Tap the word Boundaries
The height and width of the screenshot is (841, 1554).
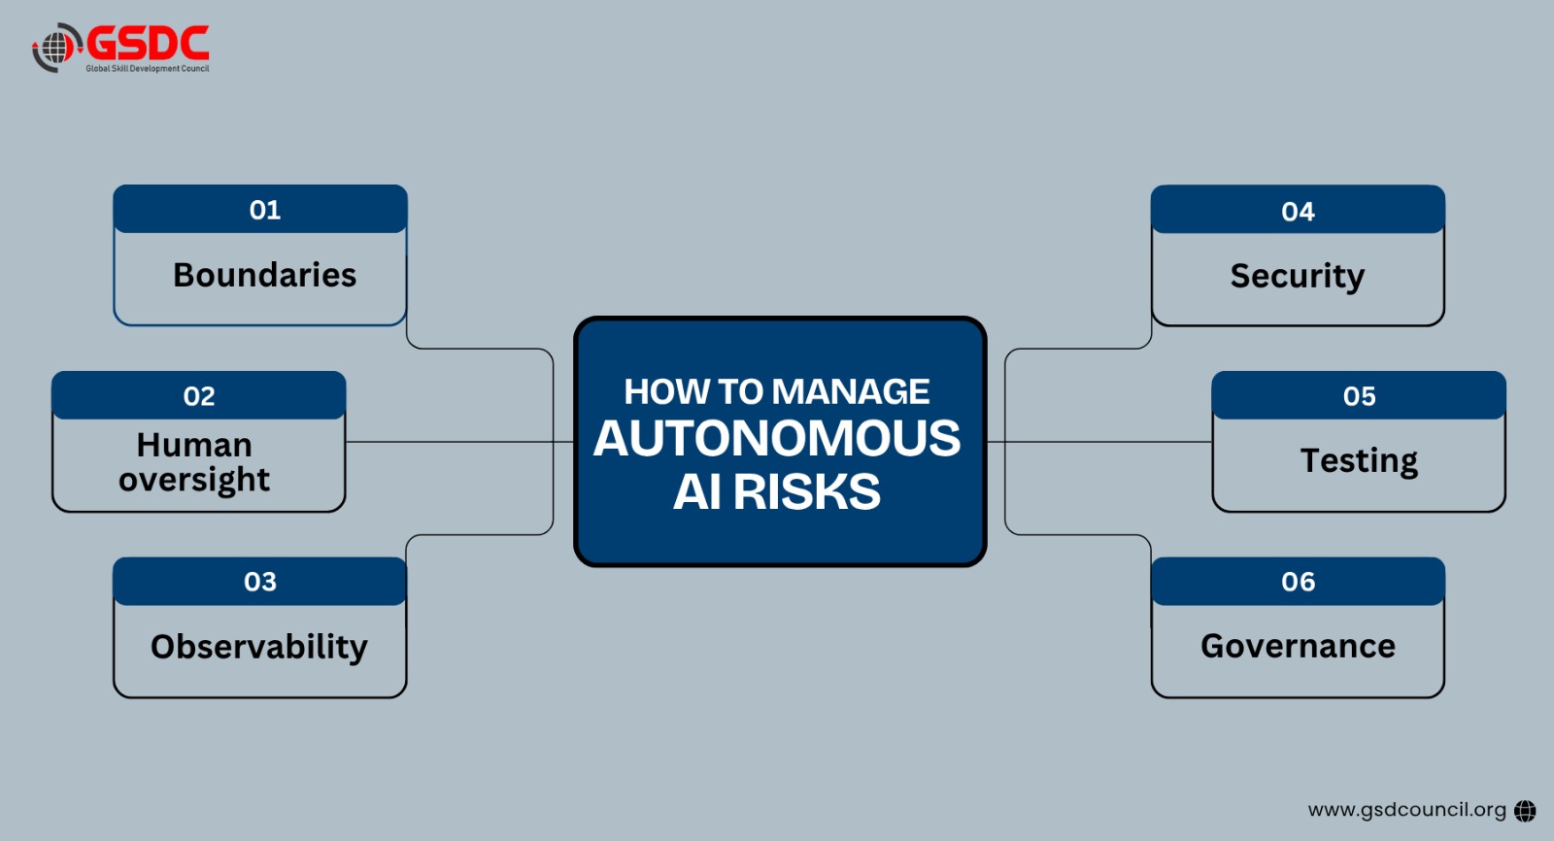coord(264,275)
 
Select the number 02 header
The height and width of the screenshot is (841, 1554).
coord(198,395)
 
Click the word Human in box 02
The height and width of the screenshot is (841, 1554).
coord(194,445)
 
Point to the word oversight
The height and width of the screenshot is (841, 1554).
coord(194,480)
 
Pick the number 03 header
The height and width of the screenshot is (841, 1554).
coord(260,582)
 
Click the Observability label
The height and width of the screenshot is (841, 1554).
coord(259,647)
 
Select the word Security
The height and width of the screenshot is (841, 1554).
coord(1298,276)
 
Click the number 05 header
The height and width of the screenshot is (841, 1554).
coord(1359,395)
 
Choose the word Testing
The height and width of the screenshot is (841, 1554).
coord(1359,460)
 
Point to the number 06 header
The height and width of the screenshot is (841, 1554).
coord(1298,582)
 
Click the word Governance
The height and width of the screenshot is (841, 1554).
coord(1298,646)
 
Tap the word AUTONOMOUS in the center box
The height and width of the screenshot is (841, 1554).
coord(777,439)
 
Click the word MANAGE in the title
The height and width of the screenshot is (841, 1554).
coord(851,391)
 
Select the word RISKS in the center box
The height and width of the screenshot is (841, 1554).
coord(807,492)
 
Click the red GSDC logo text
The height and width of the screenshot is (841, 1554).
coord(148,43)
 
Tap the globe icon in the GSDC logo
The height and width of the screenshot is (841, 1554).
coord(57,48)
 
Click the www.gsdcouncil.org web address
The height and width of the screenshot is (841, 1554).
coord(1407,810)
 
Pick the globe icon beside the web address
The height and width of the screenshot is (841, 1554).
coord(1525,811)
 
